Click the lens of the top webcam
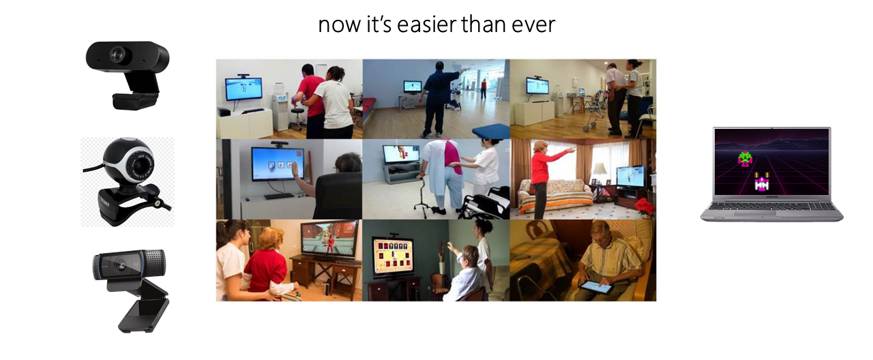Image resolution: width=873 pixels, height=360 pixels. tap(117, 54)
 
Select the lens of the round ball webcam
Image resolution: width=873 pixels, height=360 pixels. tap(143, 166)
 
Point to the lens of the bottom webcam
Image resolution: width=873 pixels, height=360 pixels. tap(122, 266)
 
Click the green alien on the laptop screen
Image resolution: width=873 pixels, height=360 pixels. tap(745, 159)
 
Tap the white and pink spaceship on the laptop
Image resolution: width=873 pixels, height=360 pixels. tap(761, 182)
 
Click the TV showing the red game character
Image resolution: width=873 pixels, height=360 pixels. tap(329, 241)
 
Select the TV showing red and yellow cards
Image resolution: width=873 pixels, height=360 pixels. tap(393, 256)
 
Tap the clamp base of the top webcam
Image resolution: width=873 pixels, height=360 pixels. tap(134, 100)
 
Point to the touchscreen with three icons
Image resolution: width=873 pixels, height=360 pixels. tap(277, 163)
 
